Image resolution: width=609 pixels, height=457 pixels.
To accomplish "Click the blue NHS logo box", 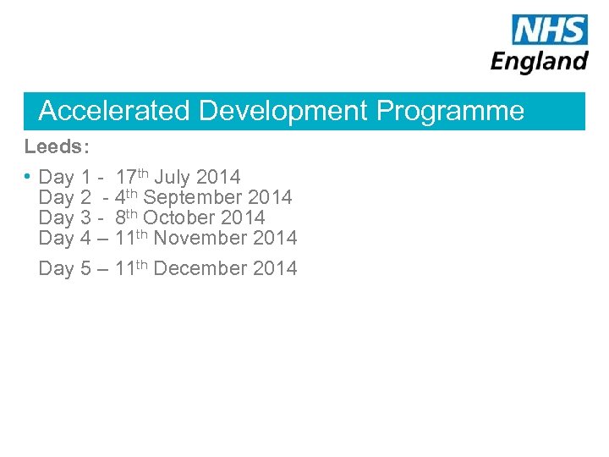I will tap(549, 30).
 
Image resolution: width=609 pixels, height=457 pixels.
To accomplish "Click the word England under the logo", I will tap(539, 61).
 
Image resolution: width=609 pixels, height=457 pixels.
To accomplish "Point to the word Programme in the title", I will tap(450, 111).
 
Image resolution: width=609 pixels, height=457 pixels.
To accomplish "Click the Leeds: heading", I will tap(56, 146).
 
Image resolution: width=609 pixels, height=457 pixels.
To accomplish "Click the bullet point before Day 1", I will tap(29, 176).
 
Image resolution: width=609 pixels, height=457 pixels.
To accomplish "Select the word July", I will tap(173, 178).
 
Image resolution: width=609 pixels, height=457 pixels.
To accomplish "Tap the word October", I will tap(179, 218).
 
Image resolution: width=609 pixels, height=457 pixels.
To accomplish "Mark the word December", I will tap(200, 269).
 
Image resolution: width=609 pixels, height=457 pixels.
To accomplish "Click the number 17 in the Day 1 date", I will tap(126, 178).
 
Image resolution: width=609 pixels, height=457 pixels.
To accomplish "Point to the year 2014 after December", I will tap(275, 269).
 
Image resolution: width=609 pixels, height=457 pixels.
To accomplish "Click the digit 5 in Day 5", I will tap(85, 269).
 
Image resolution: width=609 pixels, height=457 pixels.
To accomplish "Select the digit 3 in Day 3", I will tap(85, 218).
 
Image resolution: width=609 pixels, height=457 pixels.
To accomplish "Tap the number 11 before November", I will tap(124, 239).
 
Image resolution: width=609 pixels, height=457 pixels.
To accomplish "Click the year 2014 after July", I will tap(218, 178).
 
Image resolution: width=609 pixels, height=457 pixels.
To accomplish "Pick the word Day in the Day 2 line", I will tap(56, 198).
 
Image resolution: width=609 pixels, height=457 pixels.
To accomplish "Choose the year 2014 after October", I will tap(243, 218).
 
